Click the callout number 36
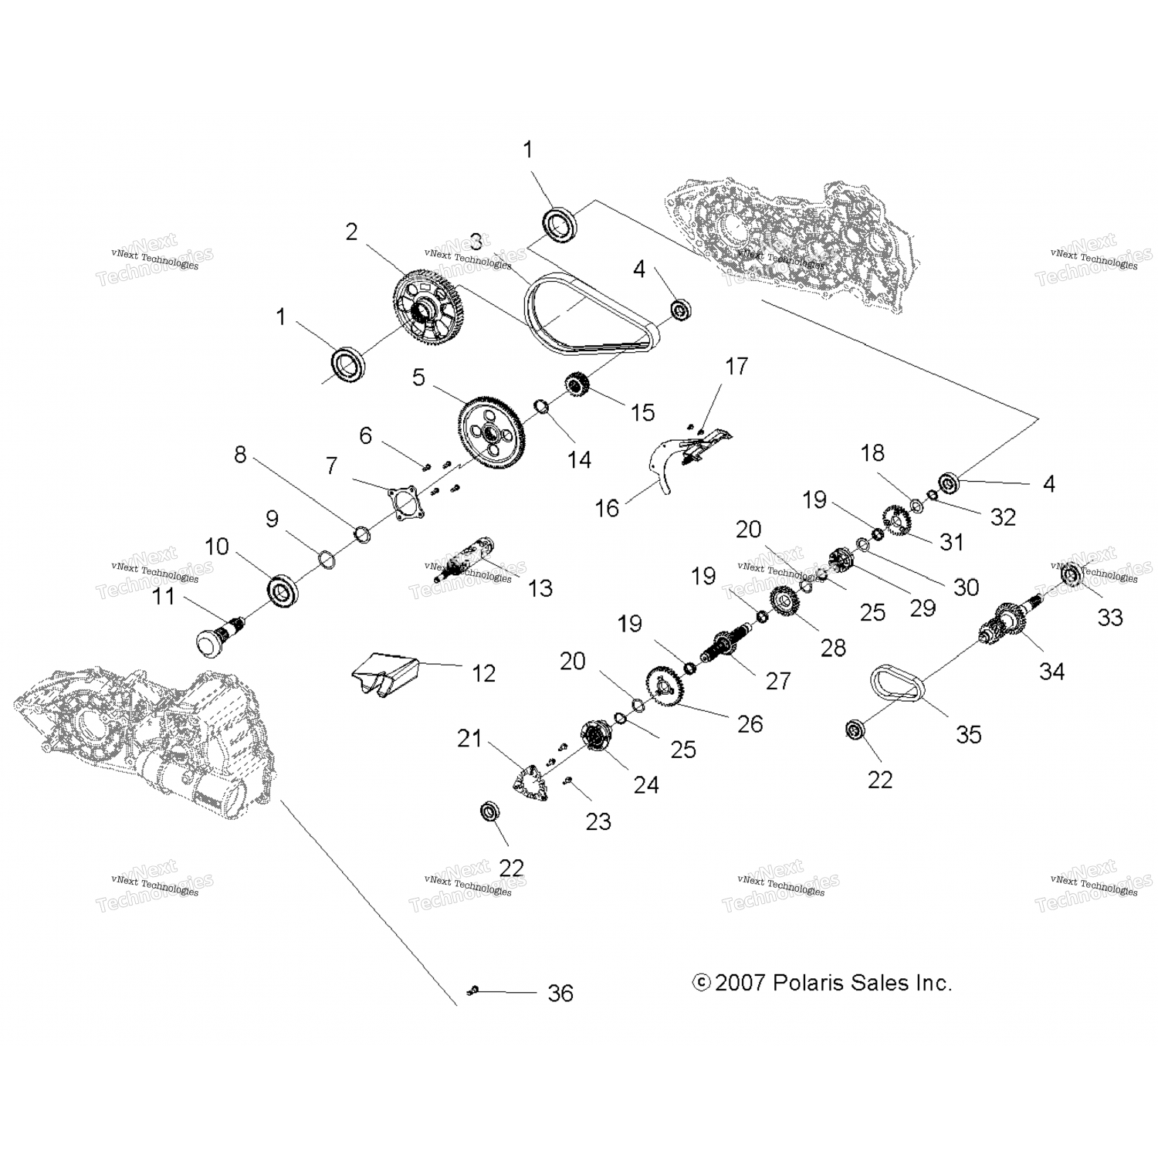(x=560, y=993)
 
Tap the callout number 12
(x=483, y=673)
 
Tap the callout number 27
(x=778, y=680)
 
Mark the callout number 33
(x=1109, y=617)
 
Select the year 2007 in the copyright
(x=740, y=983)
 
